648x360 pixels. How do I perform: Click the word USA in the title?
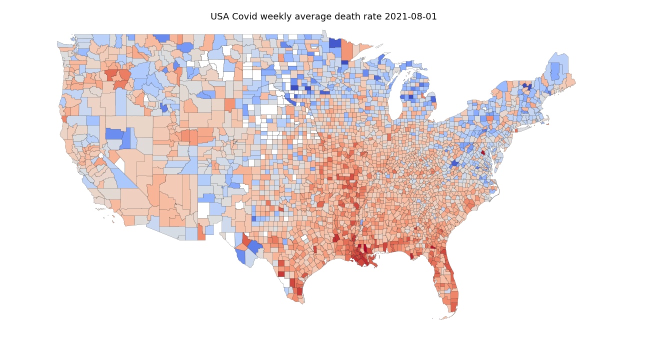pos(220,16)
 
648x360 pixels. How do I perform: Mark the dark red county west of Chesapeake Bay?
pos(483,152)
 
